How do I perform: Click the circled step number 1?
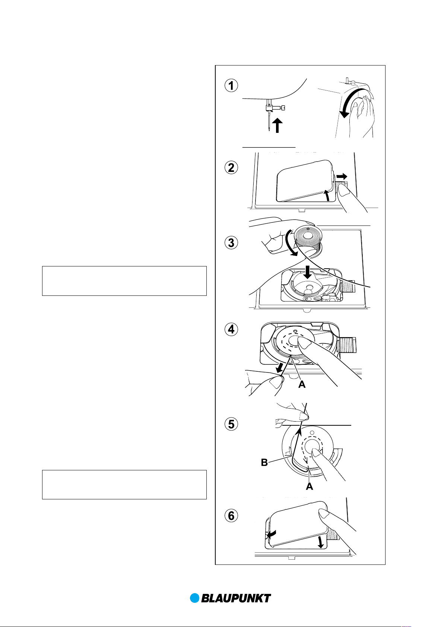coord(231,86)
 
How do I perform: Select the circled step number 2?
coord(231,168)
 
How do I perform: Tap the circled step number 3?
coord(231,243)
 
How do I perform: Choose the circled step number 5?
coord(231,424)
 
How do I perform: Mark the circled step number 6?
coord(231,516)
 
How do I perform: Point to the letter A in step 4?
coord(302,384)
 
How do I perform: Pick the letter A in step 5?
coord(309,486)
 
